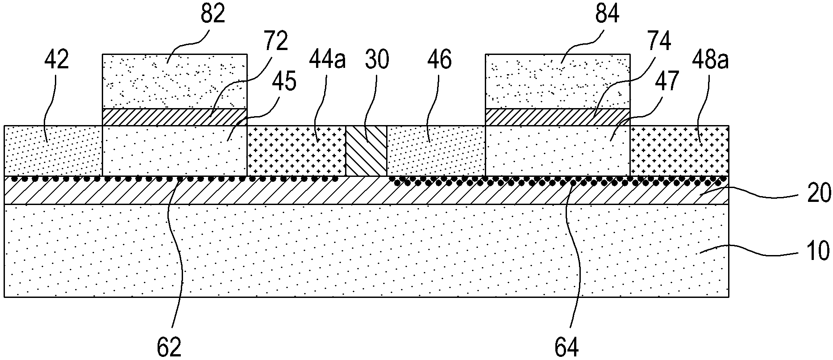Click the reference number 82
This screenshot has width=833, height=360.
click(x=212, y=15)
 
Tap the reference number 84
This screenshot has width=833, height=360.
click(x=607, y=15)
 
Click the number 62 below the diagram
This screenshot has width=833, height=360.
click(x=170, y=346)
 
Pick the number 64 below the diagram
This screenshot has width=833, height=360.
click(x=566, y=346)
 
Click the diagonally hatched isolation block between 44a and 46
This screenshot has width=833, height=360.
click(x=366, y=151)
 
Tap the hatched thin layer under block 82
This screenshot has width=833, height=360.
click(x=175, y=117)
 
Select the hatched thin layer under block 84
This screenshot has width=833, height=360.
click(x=558, y=117)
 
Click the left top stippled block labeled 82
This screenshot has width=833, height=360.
click(x=175, y=81)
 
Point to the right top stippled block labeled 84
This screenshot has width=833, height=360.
click(x=558, y=81)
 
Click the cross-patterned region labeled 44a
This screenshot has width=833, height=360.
click(x=296, y=151)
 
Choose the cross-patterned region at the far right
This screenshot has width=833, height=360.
click(x=679, y=151)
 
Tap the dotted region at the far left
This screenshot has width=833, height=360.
click(x=53, y=151)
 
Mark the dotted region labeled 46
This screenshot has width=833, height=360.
click(x=436, y=151)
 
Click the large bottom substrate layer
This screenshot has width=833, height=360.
click(x=366, y=251)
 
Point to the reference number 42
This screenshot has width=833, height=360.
click(x=57, y=60)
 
